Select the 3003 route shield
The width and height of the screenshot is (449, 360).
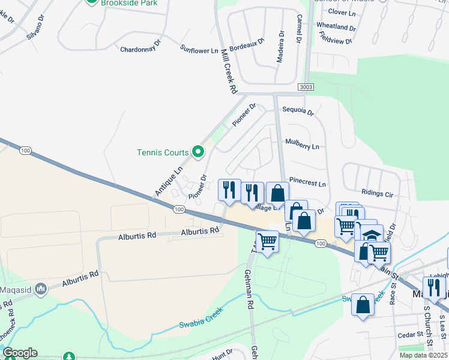tap(305, 88)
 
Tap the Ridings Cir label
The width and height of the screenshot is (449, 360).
tap(377, 194)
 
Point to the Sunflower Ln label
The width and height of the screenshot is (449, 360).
tap(199, 49)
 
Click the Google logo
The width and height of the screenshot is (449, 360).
tap(20, 353)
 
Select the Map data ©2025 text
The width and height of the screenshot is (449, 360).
tap(424, 355)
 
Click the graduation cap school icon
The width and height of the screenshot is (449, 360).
tap(372, 235)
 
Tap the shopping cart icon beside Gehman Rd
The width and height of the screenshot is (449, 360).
tap(268, 241)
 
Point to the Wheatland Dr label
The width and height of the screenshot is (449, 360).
tap(336, 27)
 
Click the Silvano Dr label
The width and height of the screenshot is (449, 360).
tap(35, 28)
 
